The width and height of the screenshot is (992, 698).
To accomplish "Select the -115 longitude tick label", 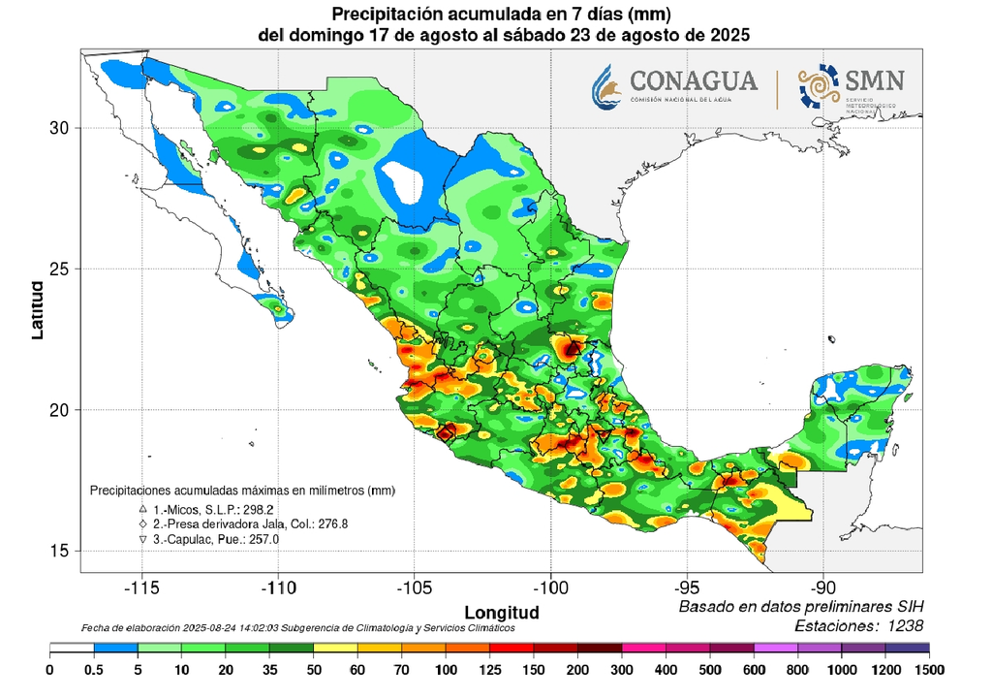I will pyautogui.click(x=141, y=588).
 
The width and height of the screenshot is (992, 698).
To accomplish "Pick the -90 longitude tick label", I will pyautogui.click(x=823, y=588).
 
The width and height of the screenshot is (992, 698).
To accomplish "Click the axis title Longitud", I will pyautogui.click(x=501, y=613).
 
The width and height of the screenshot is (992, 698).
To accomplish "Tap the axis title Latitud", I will pyautogui.click(x=37, y=310).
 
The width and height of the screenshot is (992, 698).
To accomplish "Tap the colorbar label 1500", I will pyautogui.click(x=929, y=669).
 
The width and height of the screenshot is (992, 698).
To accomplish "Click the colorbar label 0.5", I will pyautogui.click(x=94, y=669).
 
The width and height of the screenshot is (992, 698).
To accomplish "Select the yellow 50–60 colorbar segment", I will pyautogui.click(x=337, y=648).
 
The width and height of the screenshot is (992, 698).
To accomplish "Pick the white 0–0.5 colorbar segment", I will pyautogui.click(x=72, y=648).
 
